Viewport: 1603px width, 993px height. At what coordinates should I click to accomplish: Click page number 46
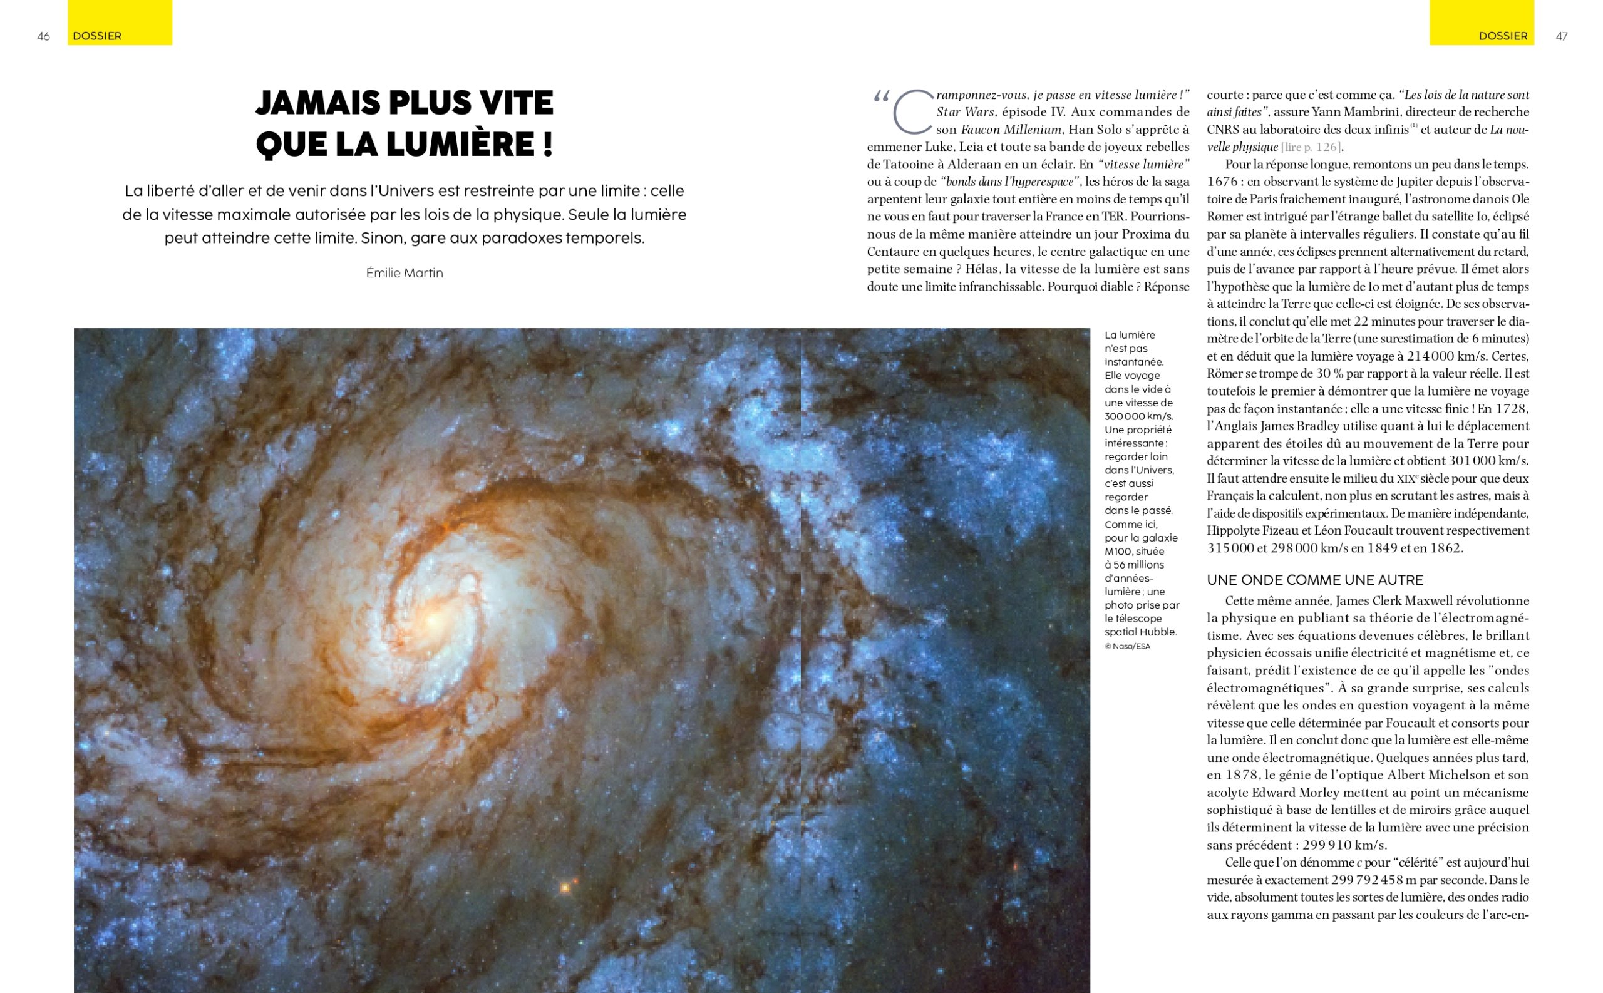coord(43,36)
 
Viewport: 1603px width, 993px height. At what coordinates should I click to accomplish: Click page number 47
coord(1562,36)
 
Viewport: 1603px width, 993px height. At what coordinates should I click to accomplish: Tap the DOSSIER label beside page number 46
coord(97,36)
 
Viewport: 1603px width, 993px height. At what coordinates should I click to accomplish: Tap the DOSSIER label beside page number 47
coord(1503,36)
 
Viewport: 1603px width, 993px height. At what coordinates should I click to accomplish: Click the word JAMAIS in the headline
coord(316,103)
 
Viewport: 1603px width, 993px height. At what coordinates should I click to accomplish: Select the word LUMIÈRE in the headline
coord(469,145)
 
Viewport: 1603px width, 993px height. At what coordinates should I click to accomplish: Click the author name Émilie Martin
coord(405,273)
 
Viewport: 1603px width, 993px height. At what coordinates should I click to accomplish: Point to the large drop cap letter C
coord(912,111)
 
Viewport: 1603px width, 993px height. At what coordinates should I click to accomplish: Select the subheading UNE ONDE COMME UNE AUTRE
coord(1315,580)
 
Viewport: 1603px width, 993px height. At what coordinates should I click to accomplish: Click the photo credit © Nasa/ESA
coord(1127,646)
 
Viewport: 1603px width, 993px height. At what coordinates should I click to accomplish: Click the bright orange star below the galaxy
coord(564,888)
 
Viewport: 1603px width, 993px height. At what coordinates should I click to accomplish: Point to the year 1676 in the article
coord(1224,182)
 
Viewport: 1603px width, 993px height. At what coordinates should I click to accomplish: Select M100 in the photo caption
coord(1118,552)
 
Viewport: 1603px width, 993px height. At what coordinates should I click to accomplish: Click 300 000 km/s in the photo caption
coord(1138,416)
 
